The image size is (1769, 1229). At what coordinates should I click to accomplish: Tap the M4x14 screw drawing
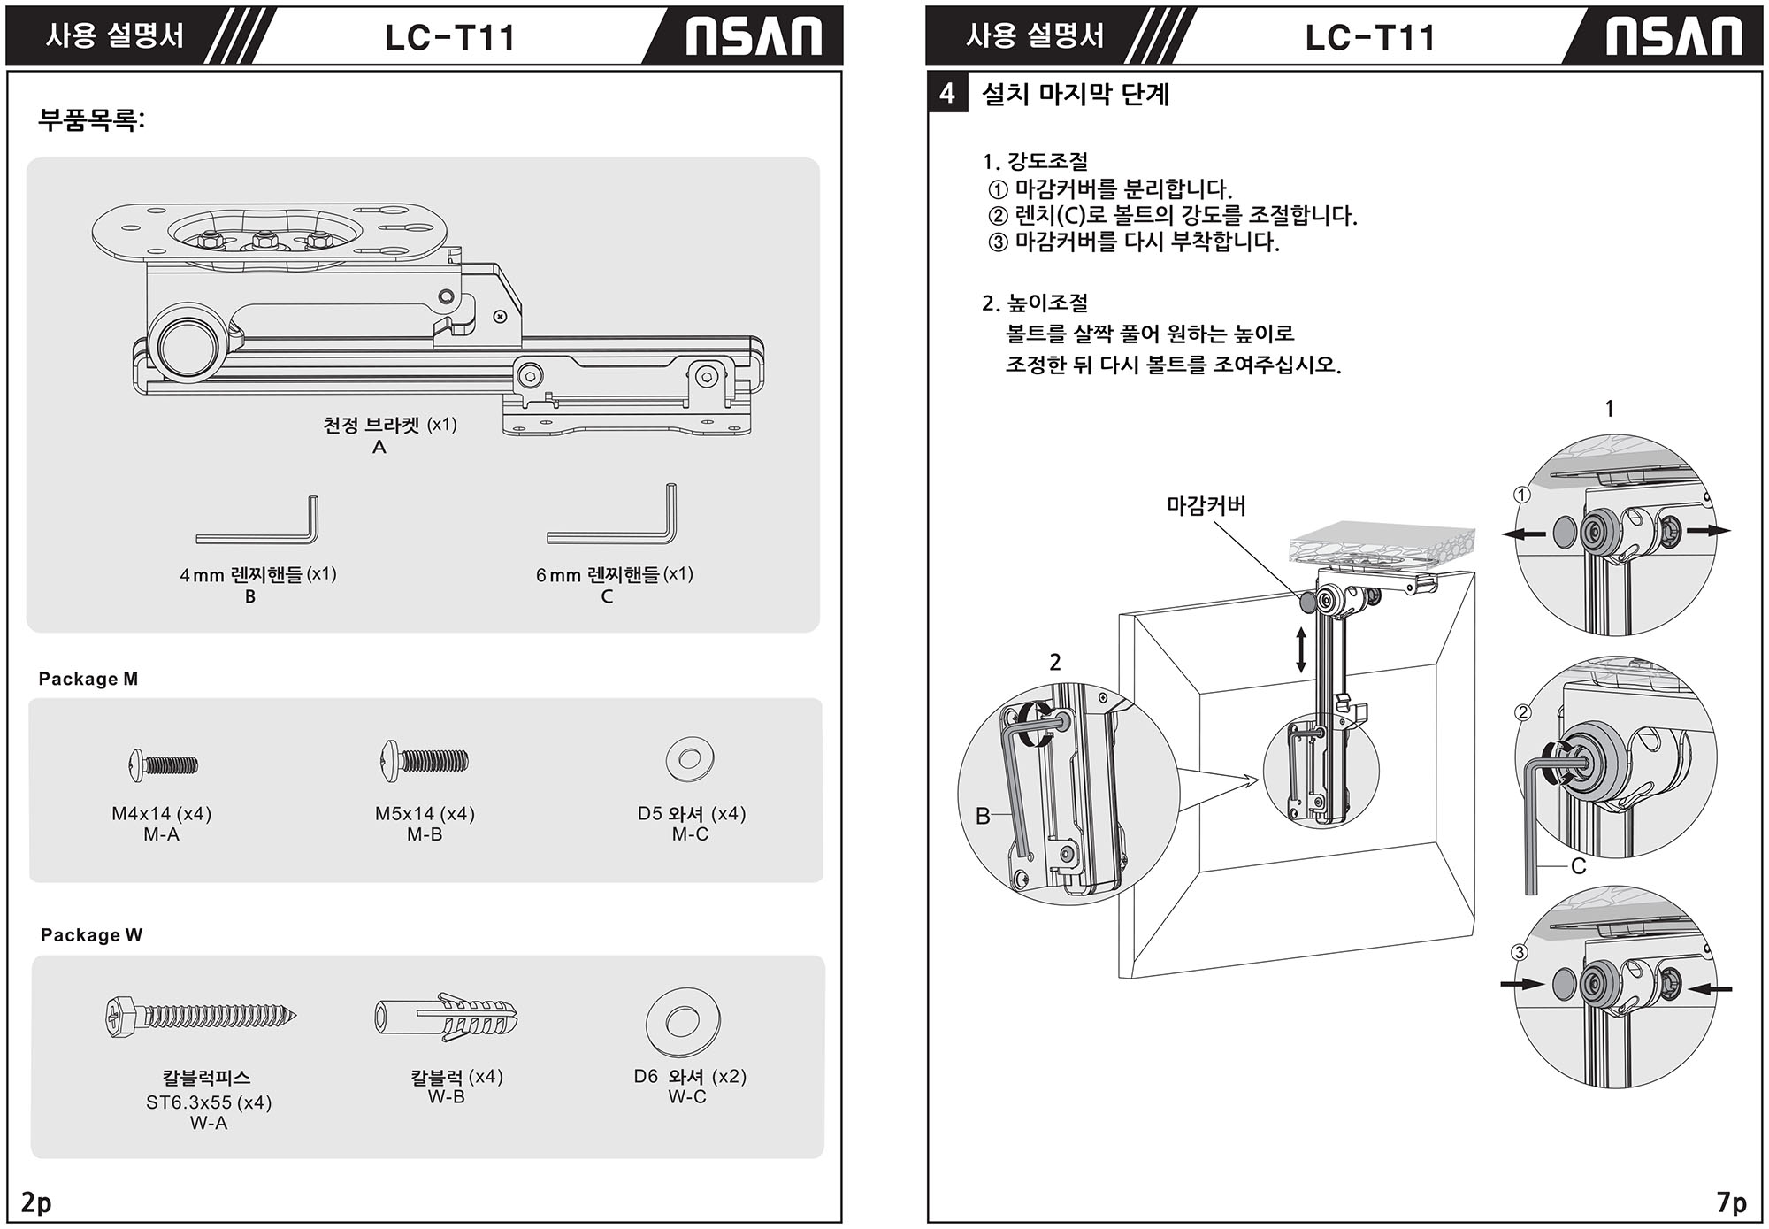point(164,764)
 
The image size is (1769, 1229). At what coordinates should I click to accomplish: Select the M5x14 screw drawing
point(425,760)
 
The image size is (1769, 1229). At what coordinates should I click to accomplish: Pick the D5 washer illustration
point(690,759)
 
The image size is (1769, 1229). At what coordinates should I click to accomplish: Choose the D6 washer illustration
point(682,1022)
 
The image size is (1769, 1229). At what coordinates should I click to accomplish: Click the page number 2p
point(36,1202)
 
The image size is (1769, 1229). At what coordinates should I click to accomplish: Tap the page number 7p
point(1732,1202)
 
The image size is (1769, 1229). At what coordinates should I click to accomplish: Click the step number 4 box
point(947,94)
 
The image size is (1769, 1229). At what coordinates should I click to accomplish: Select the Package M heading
point(88,679)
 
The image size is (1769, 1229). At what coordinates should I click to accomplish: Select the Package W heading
point(91,935)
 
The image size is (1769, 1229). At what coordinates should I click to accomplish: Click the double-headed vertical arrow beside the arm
point(1300,649)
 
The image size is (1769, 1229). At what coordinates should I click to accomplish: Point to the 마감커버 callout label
point(1206,506)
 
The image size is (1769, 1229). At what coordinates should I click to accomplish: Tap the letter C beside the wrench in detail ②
point(1578,867)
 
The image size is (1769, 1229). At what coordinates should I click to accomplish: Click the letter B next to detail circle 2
point(982,816)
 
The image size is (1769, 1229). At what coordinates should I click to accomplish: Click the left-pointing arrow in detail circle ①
point(1524,534)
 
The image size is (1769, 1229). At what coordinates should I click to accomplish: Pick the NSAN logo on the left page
point(754,37)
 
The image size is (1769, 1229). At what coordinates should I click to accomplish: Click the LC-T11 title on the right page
point(1369,37)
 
